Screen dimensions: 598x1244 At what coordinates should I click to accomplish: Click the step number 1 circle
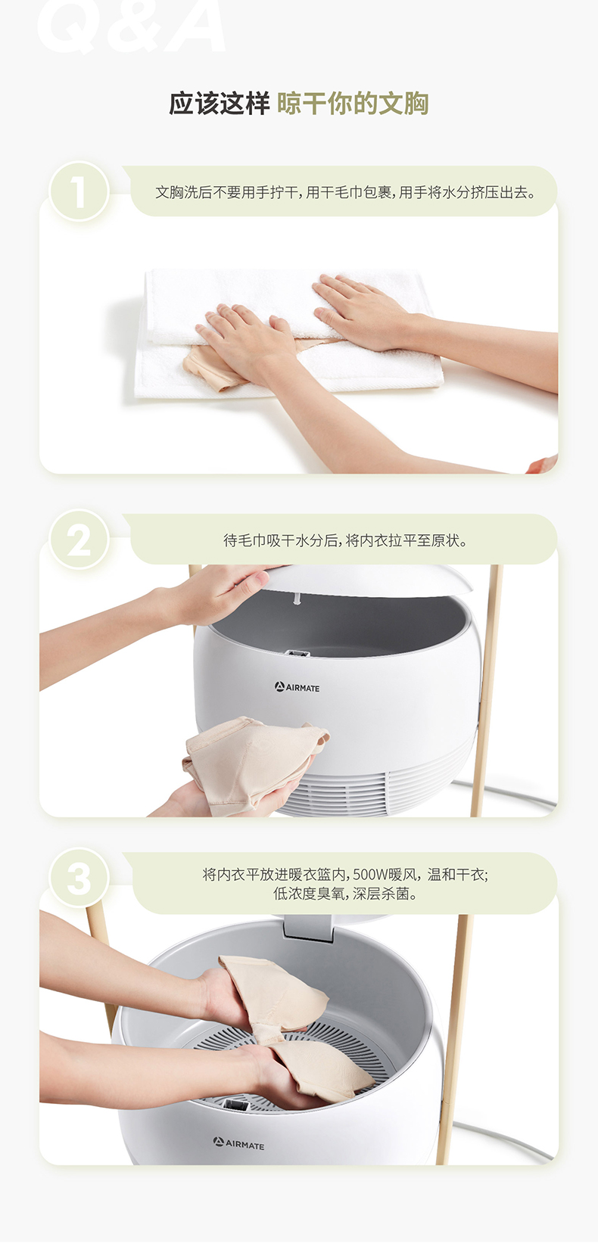pyautogui.click(x=79, y=191)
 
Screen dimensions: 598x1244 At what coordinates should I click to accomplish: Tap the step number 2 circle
pyautogui.click(x=79, y=540)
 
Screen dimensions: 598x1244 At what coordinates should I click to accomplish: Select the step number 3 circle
pyautogui.click(x=79, y=878)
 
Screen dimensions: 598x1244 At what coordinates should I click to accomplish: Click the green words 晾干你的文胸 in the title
pyautogui.click(x=353, y=104)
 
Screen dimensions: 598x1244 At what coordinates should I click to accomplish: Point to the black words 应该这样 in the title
pyautogui.click(x=219, y=104)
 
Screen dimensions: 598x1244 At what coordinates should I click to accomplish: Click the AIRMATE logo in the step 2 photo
pyautogui.click(x=297, y=687)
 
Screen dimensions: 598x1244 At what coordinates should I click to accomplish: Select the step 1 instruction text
pyautogui.click(x=346, y=193)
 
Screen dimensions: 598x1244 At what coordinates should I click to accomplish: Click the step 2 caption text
pyautogui.click(x=345, y=540)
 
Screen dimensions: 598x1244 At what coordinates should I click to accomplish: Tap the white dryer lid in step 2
pyautogui.click(x=367, y=579)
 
